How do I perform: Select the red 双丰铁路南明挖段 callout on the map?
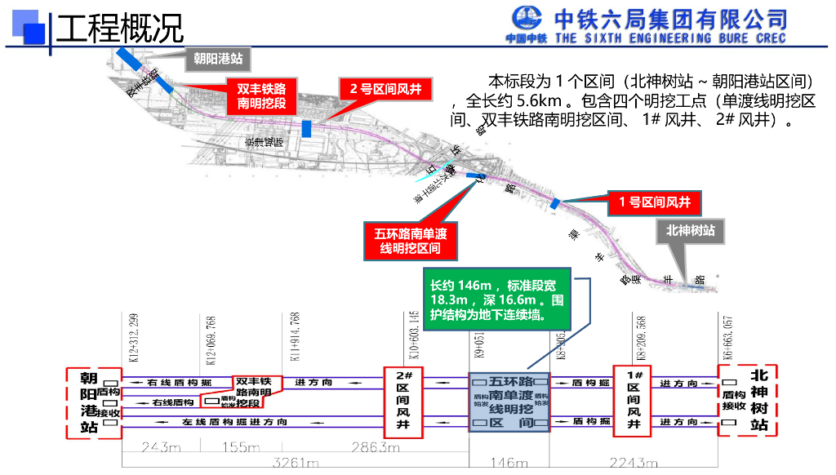click(262, 95)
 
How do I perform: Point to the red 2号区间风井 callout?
click(386, 88)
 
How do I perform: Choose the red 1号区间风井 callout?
click(654, 202)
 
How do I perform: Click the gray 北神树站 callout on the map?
click(690, 231)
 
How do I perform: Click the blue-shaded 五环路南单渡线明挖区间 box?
click(510, 402)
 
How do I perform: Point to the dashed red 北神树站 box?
click(748, 401)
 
